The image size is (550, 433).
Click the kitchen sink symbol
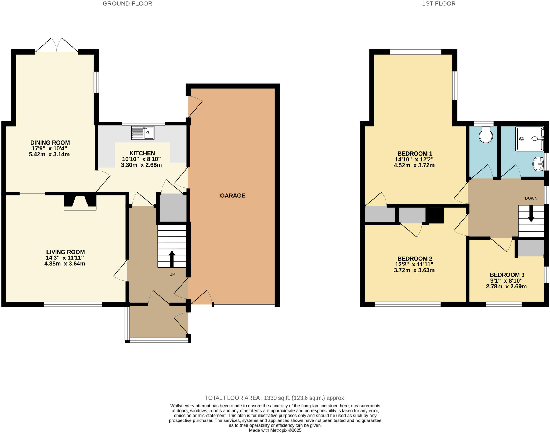(143, 133)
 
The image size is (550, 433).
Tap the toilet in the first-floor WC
(486, 135)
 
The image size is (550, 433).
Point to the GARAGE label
(233, 196)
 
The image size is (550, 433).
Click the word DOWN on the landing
(531, 198)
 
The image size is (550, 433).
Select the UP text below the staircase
(172, 275)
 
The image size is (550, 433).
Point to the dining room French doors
(57, 45)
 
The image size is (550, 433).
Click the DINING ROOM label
(50, 143)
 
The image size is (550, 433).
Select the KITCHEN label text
(142, 153)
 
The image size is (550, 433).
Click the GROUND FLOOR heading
(127, 4)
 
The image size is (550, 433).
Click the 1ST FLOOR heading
(439, 4)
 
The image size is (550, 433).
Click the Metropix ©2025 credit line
(275, 430)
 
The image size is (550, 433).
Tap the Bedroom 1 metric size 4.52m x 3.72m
(414, 165)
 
